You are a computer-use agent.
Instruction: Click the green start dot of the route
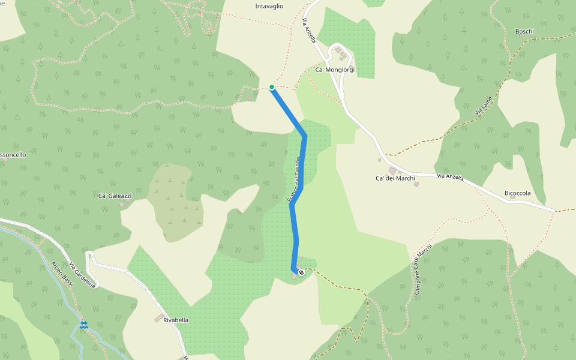coord(272,87)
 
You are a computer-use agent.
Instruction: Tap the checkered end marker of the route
coord(301,272)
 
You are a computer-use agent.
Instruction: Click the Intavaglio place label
coord(269,6)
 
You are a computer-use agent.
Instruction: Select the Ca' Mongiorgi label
coord(335,70)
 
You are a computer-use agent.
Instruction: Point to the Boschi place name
coord(524,31)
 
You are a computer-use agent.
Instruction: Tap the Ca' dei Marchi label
coord(395,178)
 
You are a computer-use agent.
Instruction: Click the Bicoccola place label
coord(517,193)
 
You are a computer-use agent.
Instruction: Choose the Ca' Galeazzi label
coord(115,196)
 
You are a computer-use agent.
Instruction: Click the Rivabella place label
coord(175,320)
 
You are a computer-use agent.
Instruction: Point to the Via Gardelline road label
coord(82,275)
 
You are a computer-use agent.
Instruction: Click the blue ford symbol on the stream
coord(83,325)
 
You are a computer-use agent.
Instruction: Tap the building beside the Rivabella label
coord(161,316)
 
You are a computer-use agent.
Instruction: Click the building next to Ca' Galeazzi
coord(122,204)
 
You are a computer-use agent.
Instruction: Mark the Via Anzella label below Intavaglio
coord(308,30)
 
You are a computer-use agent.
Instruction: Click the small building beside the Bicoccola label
coord(513,197)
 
